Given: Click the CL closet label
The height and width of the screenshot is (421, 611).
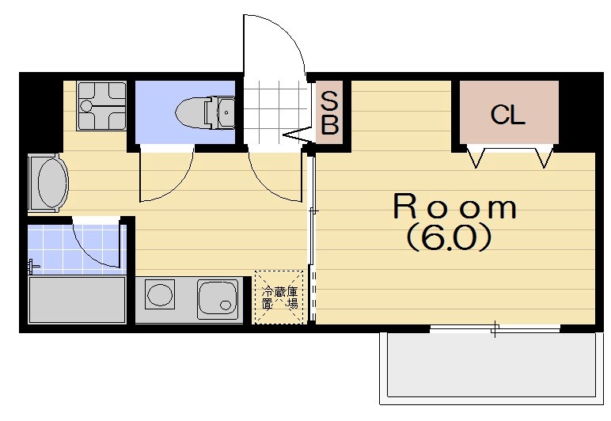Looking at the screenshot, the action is (507, 115).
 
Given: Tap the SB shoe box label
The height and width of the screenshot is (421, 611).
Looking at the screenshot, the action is (329, 113).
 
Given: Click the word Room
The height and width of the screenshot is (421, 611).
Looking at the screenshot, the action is (455, 207).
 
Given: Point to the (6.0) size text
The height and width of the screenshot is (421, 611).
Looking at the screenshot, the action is (449, 237).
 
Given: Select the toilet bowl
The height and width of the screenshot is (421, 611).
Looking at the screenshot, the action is (190, 113).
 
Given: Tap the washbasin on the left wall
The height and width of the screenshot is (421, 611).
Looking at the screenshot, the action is (49, 183).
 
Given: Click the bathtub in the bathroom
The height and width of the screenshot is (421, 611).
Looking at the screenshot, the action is (77, 299).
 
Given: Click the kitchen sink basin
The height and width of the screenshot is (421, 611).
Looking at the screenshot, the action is (218, 298).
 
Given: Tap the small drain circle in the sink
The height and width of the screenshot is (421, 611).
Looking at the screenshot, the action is (226, 305).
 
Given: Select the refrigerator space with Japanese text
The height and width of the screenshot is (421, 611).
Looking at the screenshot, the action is (279, 298).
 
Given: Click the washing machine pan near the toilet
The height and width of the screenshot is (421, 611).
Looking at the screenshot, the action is (101, 105).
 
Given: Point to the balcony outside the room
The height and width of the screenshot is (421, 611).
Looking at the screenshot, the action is (491, 367).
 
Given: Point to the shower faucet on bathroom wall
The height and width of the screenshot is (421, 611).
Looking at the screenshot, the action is (33, 267).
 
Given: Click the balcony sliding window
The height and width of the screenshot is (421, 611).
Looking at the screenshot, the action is (495, 329).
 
